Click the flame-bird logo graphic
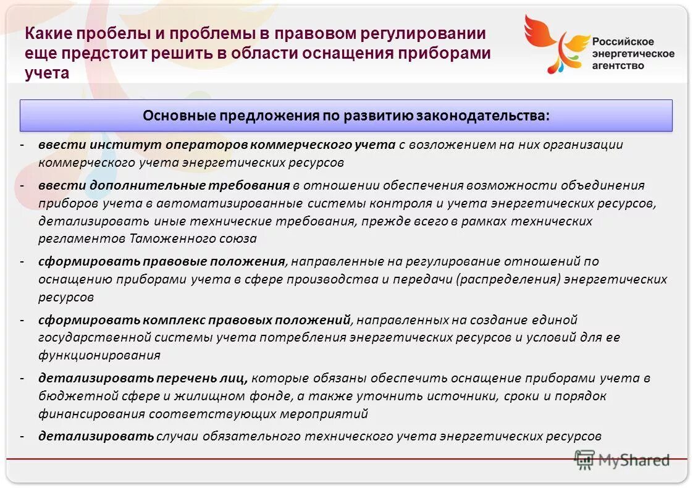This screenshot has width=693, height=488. (x=553, y=43)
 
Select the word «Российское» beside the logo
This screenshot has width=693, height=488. (x=623, y=42)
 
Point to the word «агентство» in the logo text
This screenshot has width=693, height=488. (x=618, y=65)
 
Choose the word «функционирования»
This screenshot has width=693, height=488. (x=99, y=355)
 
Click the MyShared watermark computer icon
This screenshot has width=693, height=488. (x=584, y=459)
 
